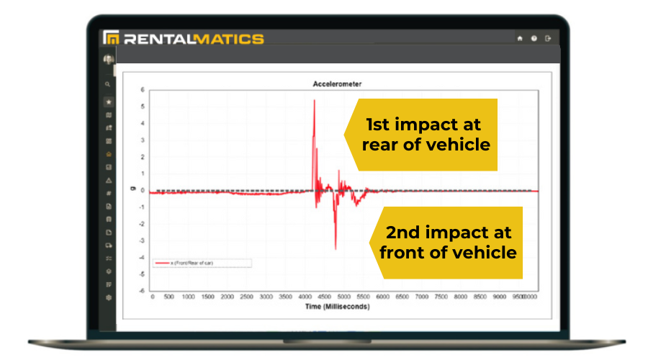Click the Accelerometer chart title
[337, 84]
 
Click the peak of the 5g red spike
[314, 101]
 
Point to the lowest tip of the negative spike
[335, 249]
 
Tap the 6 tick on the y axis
[143, 90]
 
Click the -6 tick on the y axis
[143, 291]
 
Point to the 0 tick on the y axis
[143, 191]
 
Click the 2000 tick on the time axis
[228, 297]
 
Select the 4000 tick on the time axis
[305, 297]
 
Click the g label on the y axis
[132, 189]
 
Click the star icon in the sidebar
[109, 102]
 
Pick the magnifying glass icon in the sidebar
[108, 84]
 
